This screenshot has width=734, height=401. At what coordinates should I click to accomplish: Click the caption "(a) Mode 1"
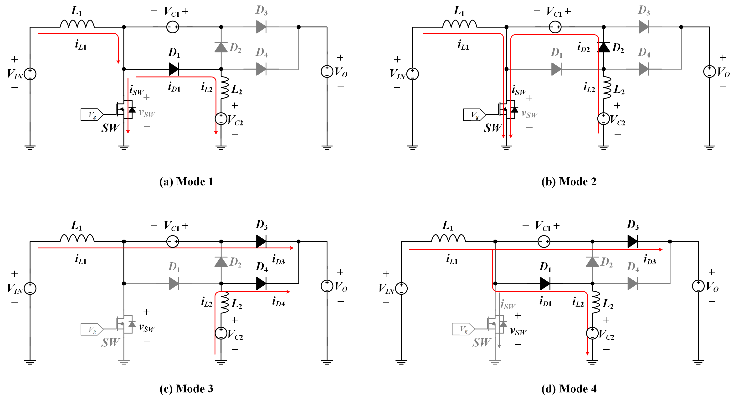pyautogui.click(x=186, y=182)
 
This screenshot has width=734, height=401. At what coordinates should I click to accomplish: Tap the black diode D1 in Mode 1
pyautogui.click(x=174, y=69)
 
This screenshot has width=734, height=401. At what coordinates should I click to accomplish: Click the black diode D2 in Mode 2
pyautogui.click(x=604, y=47)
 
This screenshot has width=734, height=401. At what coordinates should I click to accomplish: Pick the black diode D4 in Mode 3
pyautogui.click(x=261, y=283)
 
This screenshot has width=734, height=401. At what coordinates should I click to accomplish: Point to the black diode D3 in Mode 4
pyautogui.click(x=632, y=242)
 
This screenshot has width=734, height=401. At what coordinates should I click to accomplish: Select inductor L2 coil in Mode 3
pyautogui.click(x=225, y=302)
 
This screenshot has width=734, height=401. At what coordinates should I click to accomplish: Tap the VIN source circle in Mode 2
pyautogui.click(x=413, y=74)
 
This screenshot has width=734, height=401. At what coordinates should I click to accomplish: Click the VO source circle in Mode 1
pyautogui.click(x=327, y=72)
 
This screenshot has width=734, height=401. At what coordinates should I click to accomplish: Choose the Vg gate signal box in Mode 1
pyautogui.click(x=92, y=115)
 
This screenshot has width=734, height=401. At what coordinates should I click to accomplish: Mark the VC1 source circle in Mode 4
pyautogui.click(x=544, y=242)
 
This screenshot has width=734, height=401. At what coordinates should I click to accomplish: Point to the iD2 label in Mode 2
pyautogui.click(x=583, y=47)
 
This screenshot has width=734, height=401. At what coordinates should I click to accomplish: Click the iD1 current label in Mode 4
pyautogui.click(x=545, y=302)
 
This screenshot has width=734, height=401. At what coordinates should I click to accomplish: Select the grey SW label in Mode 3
pyautogui.click(x=111, y=342)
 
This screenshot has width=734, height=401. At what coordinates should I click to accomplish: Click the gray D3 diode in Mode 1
pyautogui.click(x=261, y=27)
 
